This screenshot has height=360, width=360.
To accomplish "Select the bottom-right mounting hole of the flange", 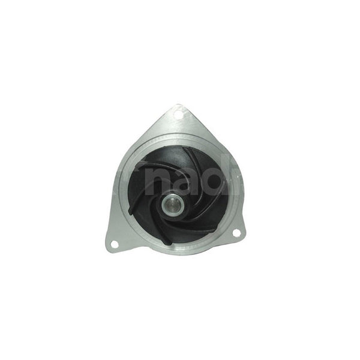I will (236, 233).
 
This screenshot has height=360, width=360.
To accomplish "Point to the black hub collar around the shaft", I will (163, 210).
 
